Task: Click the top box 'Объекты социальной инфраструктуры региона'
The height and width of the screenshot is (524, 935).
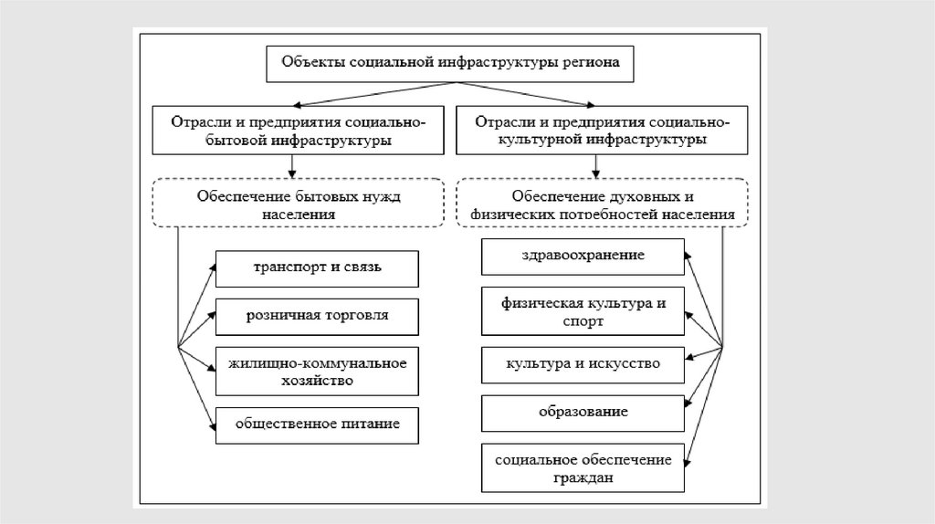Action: pyautogui.click(x=447, y=64)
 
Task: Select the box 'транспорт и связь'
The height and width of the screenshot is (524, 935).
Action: pyautogui.click(x=317, y=267)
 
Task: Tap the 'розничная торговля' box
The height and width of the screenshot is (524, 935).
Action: pyautogui.click(x=317, y=316)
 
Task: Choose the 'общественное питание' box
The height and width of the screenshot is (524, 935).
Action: pyautogui.click(x=317, y=424)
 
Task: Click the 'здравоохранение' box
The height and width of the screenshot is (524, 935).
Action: pyautogui.click(x=582, y=256)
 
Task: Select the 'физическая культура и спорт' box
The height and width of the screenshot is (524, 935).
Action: pyautogui.click(x=582, y=310)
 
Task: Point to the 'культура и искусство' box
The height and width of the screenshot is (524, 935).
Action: pyautogui.click(x=582, y=363)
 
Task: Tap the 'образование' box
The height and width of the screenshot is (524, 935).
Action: pyautogui.click(x=582, y=412)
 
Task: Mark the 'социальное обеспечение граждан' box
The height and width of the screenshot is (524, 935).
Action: pyautogui.click(x=582, y=466)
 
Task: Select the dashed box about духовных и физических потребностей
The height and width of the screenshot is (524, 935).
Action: pyautogui.click(x=603, y=203)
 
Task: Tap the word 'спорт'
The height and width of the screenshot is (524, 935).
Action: pyautogui.click(x=582, y=321)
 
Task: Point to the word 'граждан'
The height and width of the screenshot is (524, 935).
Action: pyautogui.click(x=582, y=477)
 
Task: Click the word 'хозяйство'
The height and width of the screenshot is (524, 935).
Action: pyautogui.click(x=317, y=381)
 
